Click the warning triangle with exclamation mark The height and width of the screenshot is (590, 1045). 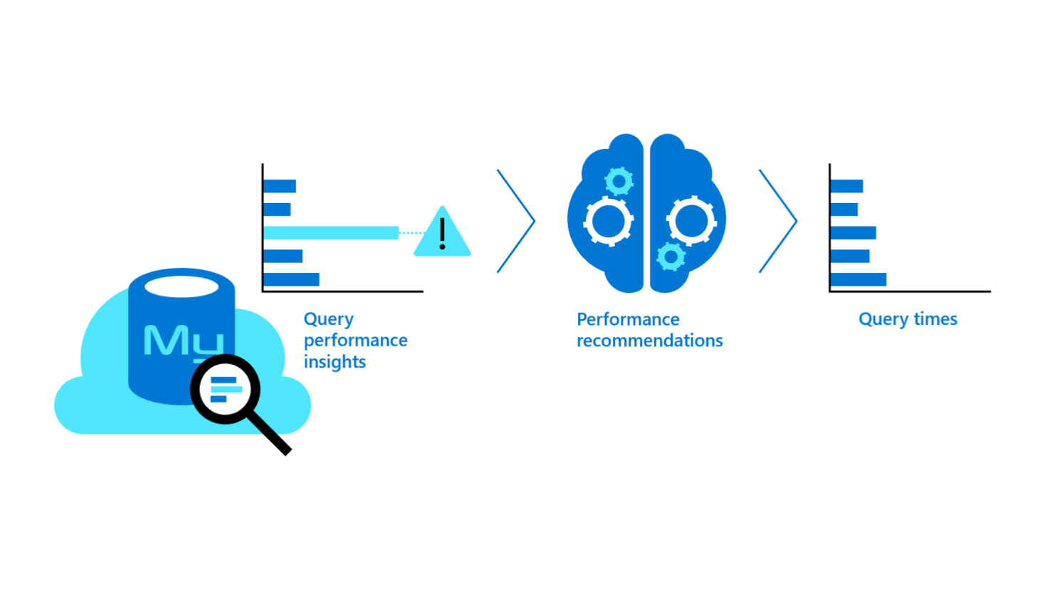click(442, 234)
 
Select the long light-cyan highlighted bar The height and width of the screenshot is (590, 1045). click(331, 232)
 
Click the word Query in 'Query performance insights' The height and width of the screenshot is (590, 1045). click(328, 319)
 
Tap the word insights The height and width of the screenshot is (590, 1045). click(335, 362)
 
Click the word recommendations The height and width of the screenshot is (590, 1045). click(649, 341)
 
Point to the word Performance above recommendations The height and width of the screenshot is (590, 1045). click(627, 319)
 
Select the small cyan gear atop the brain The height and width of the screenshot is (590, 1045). click(619, 182)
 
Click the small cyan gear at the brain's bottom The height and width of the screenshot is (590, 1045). click(671, 257)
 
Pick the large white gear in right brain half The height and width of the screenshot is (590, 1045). click(691, 220)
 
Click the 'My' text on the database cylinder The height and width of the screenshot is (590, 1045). click(182, 341)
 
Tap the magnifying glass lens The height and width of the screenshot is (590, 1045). click(226, 389)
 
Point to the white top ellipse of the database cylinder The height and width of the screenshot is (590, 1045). click(182, 286)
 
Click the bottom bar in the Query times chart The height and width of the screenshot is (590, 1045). click(858, 279)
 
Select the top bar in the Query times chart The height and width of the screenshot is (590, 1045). click(847, 186)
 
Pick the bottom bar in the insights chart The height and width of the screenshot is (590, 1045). click(292, 279)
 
